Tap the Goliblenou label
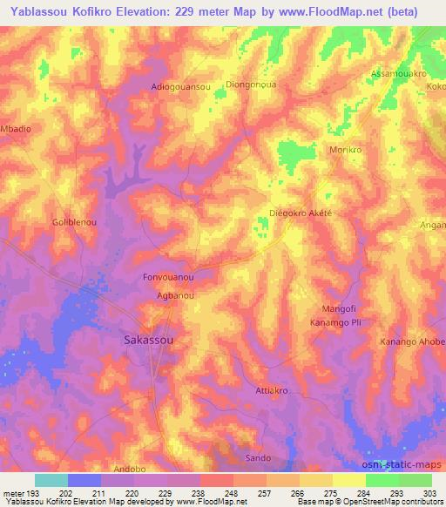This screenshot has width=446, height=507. pos(74,223)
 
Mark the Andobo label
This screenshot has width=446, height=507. pos(130,469)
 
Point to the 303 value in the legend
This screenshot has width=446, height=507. pos(431,492)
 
